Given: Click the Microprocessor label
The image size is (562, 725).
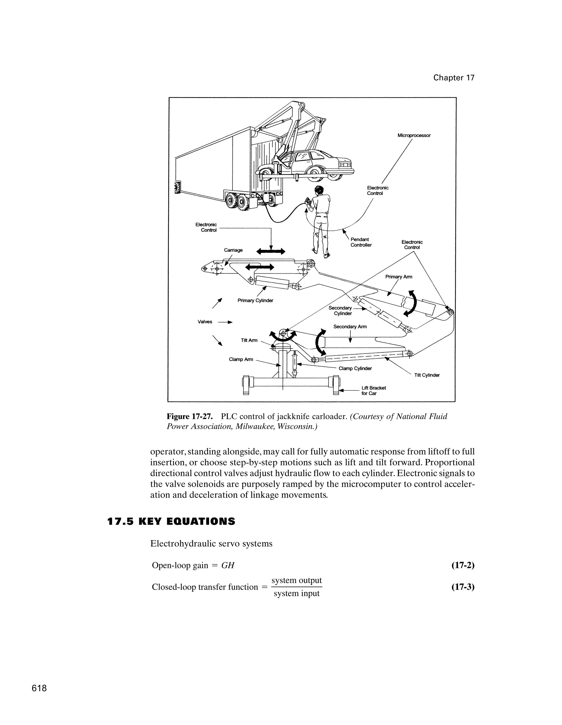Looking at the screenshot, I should (414, 135).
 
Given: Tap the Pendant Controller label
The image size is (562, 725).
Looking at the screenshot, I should (361, 242).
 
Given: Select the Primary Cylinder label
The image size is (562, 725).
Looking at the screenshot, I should (255, 300).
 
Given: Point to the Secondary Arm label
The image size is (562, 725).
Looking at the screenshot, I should (350, 327).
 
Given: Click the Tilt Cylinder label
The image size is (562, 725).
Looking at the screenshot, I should (427, 375).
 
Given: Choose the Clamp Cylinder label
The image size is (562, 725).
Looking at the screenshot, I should (355, 368).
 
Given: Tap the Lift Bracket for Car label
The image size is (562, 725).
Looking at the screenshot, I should (373, 391).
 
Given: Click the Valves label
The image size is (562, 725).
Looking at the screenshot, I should (205, 322).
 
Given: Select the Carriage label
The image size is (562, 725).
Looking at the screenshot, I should (233, 250).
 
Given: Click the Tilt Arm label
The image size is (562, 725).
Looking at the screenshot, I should (249, 340).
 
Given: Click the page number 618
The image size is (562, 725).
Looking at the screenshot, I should (39, 688).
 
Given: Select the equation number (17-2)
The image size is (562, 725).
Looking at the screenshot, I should (463, 565).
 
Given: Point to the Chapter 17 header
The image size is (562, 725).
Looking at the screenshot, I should (454, 78).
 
